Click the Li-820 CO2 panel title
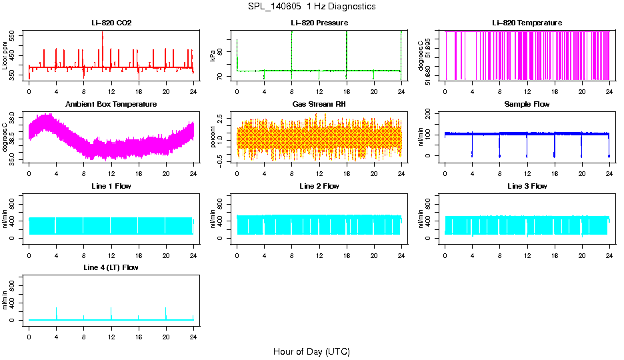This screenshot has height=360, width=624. click(111, 23)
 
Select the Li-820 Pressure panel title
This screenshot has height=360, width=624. click(319, 23)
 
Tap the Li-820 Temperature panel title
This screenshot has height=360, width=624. click(527, 23)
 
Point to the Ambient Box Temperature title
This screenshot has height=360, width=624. click(111, 105)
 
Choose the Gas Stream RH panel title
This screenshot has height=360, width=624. click(319, 105)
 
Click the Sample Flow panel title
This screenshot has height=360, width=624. click(527, 105)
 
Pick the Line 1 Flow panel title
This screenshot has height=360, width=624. click(111, 186)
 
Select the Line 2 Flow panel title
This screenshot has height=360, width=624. click(319, 186)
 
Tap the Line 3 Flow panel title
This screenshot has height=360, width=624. click(527, 186)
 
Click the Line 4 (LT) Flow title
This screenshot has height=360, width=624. click(111, 267)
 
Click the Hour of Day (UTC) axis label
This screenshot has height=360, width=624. click(311, 351)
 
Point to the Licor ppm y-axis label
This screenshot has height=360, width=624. click(5, 56)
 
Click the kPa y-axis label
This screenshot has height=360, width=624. click(213, 56)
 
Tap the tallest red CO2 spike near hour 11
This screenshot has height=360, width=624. click(103, 33)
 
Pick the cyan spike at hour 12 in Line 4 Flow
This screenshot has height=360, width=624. click(111, 309)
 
